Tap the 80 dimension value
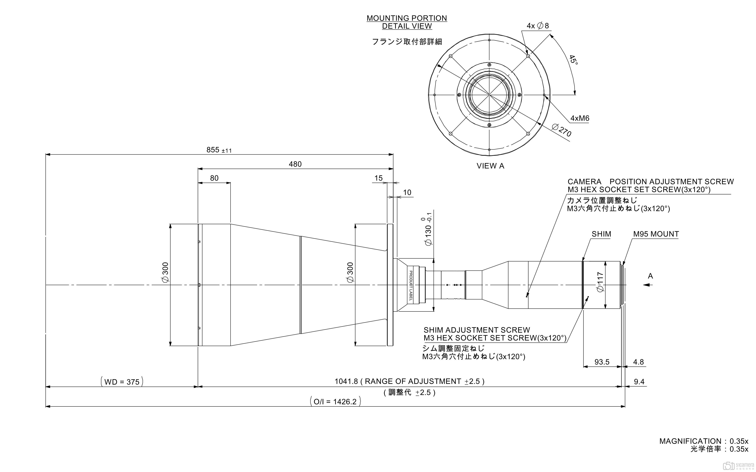[x=214, y=178]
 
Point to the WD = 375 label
[x=122, y=382]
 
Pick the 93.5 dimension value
[x=602, y=362]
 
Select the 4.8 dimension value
[x=638, y=362]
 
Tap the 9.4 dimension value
[x=639, y=382]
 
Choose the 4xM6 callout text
[x=580, y=118]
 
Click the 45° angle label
[x=574, y=60]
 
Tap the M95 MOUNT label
[x=656, y=234]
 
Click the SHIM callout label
[x=601, y=234]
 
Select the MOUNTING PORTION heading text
[x=407, y=18]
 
